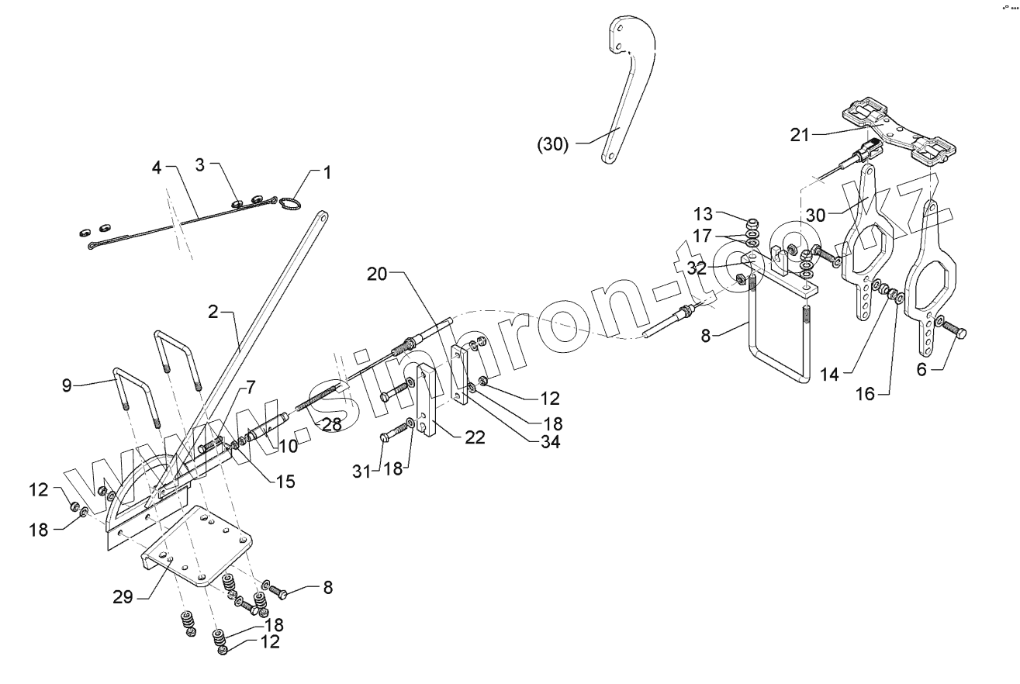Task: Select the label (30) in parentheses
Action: click(552, 144)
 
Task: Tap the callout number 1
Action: click(327, 172)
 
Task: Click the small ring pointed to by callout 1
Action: click(289, 204)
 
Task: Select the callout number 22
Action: click(475, 437)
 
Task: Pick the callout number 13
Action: click(701, 214)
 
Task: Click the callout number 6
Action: click(921, 370)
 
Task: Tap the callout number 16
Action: click(865, 394)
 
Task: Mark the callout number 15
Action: click(285, 482)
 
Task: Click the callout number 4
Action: click(157, 168)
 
